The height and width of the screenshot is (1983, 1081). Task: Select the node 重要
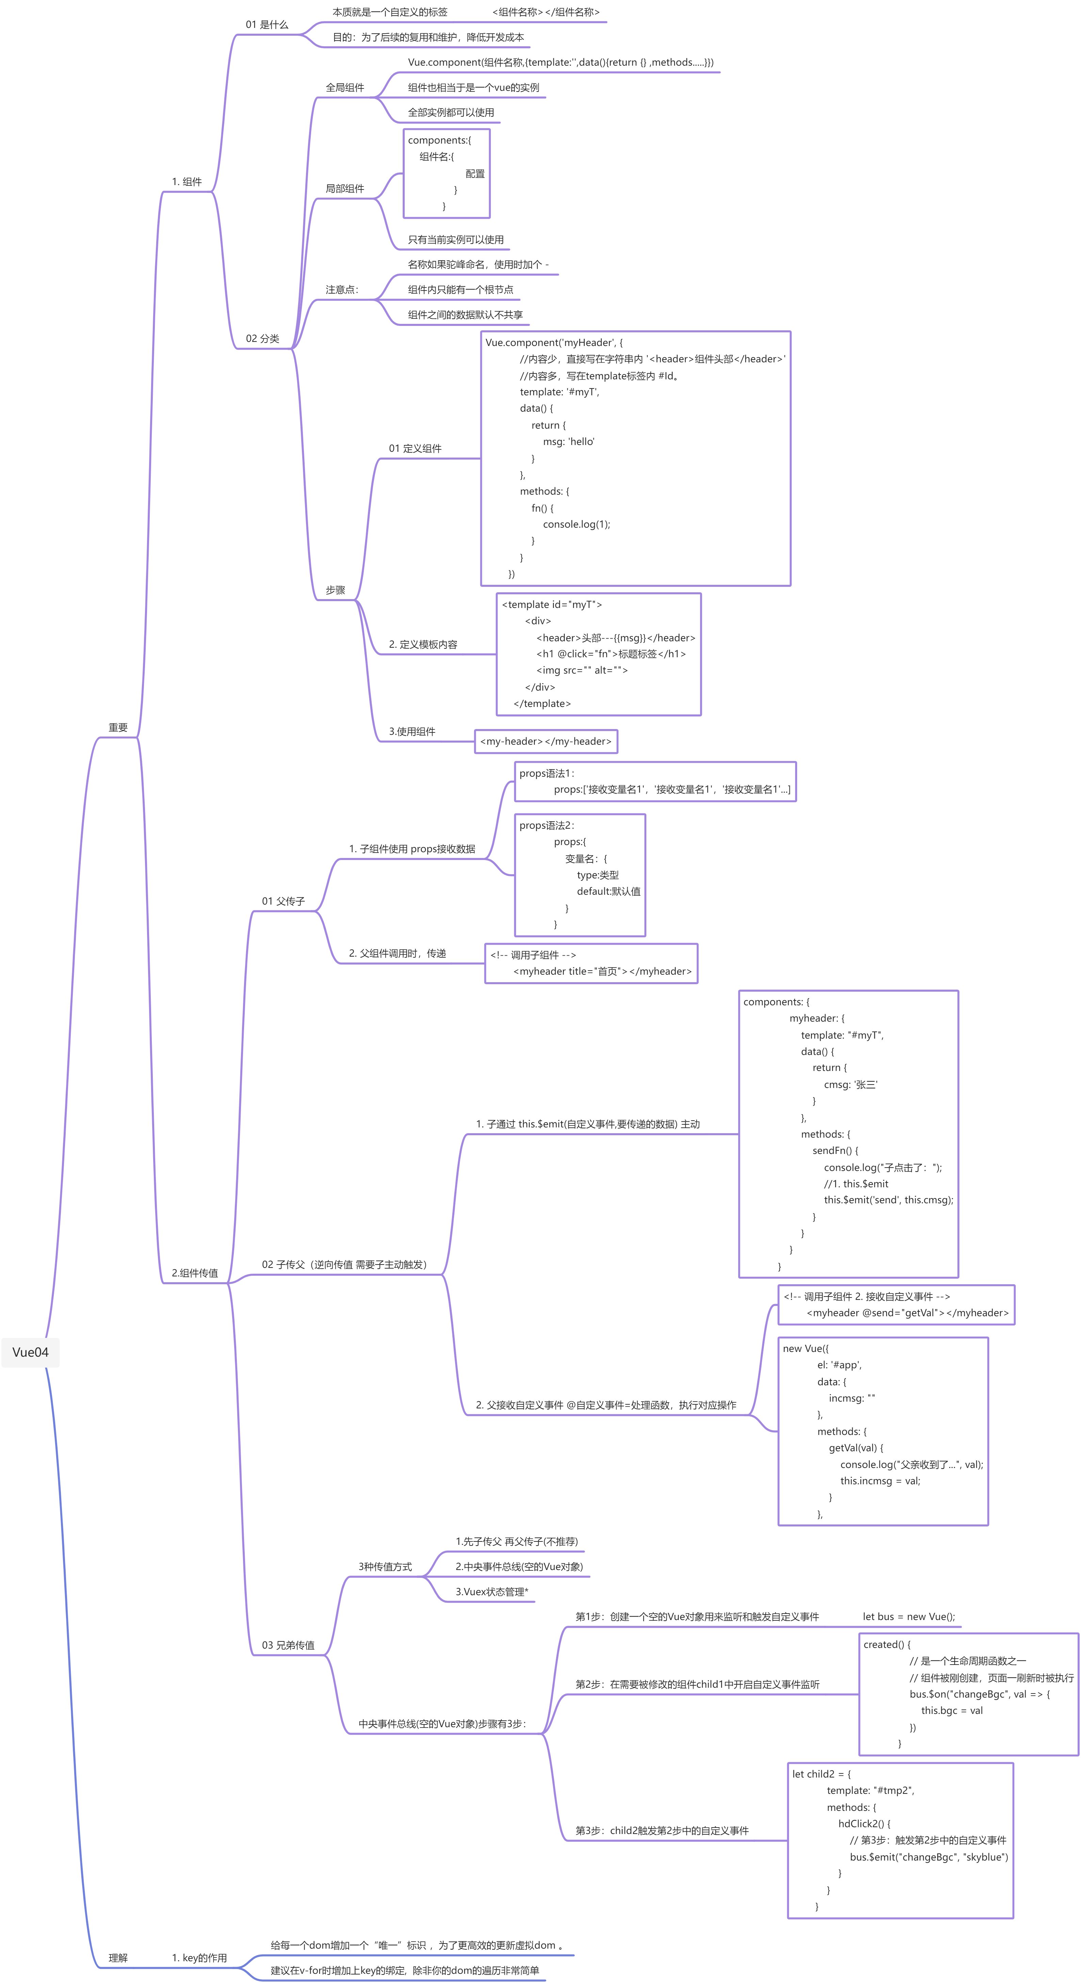(x=118, y=727)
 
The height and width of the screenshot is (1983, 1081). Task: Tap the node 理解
(x=118, y=1957)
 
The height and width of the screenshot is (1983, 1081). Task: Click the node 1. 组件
(x=186, y=182)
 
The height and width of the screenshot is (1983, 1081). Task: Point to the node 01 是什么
(x=267, y=24)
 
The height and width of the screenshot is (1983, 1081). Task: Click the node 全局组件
(x=344, y=88)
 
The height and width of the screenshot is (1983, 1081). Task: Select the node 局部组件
(x=344, y=188)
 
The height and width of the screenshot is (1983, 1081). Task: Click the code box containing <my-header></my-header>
(x=545, y=741)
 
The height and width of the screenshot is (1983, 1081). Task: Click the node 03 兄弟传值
(x=288, y=1645)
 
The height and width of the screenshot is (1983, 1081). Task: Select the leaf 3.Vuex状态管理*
(x=491, y=1592)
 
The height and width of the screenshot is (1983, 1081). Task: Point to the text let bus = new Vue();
(x=908, y=1617)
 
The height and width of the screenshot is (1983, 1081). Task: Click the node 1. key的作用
(x=199, y=1957)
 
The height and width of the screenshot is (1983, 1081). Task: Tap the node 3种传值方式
(x=385, y=1567)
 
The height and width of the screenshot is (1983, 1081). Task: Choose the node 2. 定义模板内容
(x=423, y=644)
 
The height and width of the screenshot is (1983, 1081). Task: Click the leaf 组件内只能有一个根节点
(x=461, y=290)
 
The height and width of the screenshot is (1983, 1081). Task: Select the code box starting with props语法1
(x=655, y=781)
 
